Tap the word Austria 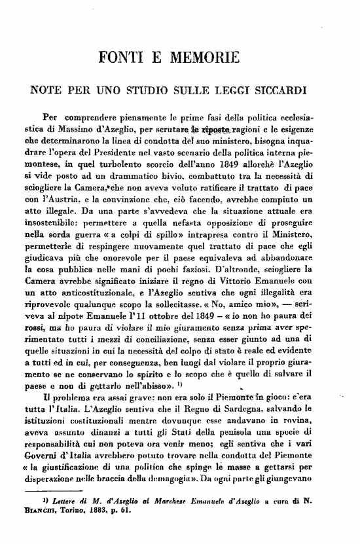point(65,196)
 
